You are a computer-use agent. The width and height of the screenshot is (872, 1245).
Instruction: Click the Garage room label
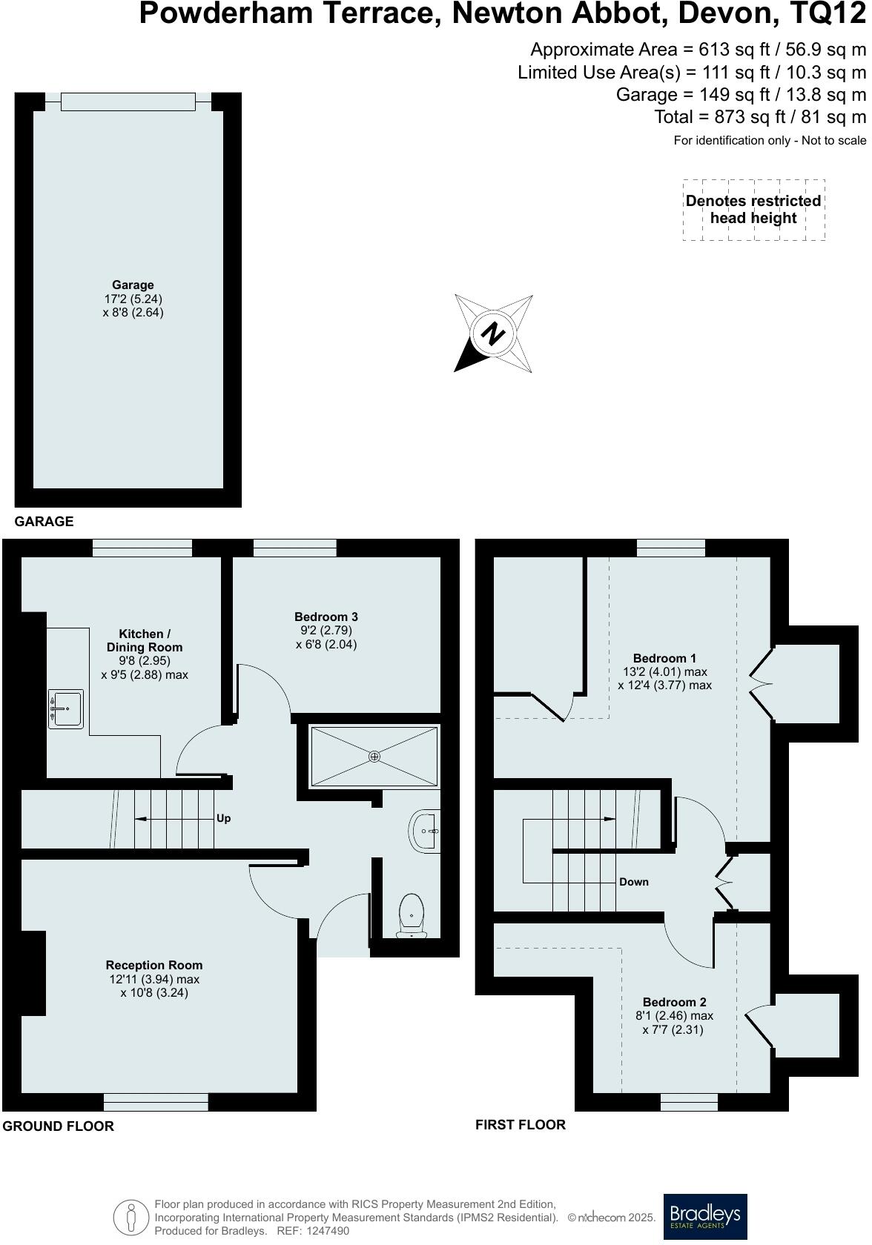133,285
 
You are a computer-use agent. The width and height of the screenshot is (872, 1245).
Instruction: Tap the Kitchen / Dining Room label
145,640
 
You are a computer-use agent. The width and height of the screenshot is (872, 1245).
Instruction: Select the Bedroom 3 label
326,617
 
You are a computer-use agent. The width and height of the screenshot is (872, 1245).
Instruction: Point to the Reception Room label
153,965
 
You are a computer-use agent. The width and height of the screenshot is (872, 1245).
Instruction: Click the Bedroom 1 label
664,658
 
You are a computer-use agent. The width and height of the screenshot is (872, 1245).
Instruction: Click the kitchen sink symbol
65,708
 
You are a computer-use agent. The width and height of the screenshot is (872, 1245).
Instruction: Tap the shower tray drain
374,756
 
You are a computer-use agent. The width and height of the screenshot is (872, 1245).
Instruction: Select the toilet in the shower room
412,914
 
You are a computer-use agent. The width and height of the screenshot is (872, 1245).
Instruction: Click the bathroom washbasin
425,831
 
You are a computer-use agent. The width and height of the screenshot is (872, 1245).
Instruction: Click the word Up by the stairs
223,818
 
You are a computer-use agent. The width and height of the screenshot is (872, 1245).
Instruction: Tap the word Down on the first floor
633,882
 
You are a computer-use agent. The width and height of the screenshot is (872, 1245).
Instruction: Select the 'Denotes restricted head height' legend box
753,210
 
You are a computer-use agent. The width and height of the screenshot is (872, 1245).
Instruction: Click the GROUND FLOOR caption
59,1126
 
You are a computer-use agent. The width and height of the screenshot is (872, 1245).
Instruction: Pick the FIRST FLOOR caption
520,1124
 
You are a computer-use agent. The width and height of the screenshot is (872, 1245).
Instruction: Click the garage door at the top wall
128,102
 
